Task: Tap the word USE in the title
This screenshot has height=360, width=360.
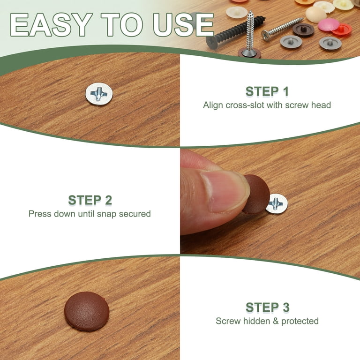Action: pos(183,25)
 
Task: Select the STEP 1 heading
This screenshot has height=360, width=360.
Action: pos(267,91)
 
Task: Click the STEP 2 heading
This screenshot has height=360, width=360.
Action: pos(90,200)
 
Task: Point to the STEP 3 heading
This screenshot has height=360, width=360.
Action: pos(268,307)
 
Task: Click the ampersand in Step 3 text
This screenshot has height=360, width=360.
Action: pos(276,321)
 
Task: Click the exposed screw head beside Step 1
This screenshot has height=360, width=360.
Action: pos(99,94)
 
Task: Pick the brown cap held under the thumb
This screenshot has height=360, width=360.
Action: pos(256,194)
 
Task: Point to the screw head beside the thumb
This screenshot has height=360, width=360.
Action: pos(277,204)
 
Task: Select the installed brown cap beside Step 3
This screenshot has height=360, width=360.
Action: pos(87,311)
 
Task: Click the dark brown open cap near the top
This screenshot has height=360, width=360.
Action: pos(304,29)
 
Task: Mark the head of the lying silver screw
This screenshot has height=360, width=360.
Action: pos(266,36)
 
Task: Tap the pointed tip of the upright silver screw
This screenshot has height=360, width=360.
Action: pos(251,11)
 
